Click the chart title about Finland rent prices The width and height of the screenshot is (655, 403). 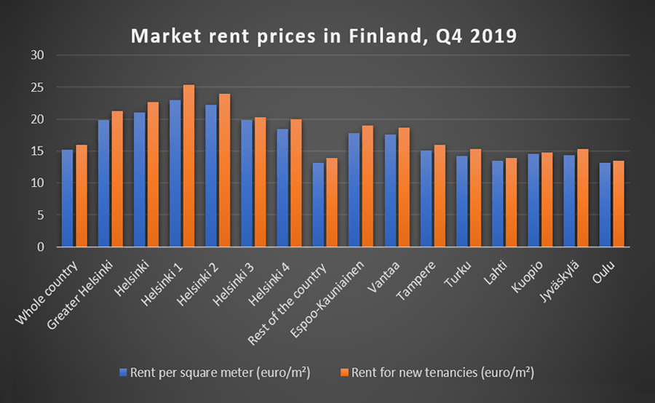tap(323, 36)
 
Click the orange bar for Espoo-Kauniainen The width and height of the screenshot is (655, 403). tap(368, 186)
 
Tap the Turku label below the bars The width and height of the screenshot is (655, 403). tap(458, 268)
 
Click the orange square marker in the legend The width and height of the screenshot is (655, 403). tap(344, 373)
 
